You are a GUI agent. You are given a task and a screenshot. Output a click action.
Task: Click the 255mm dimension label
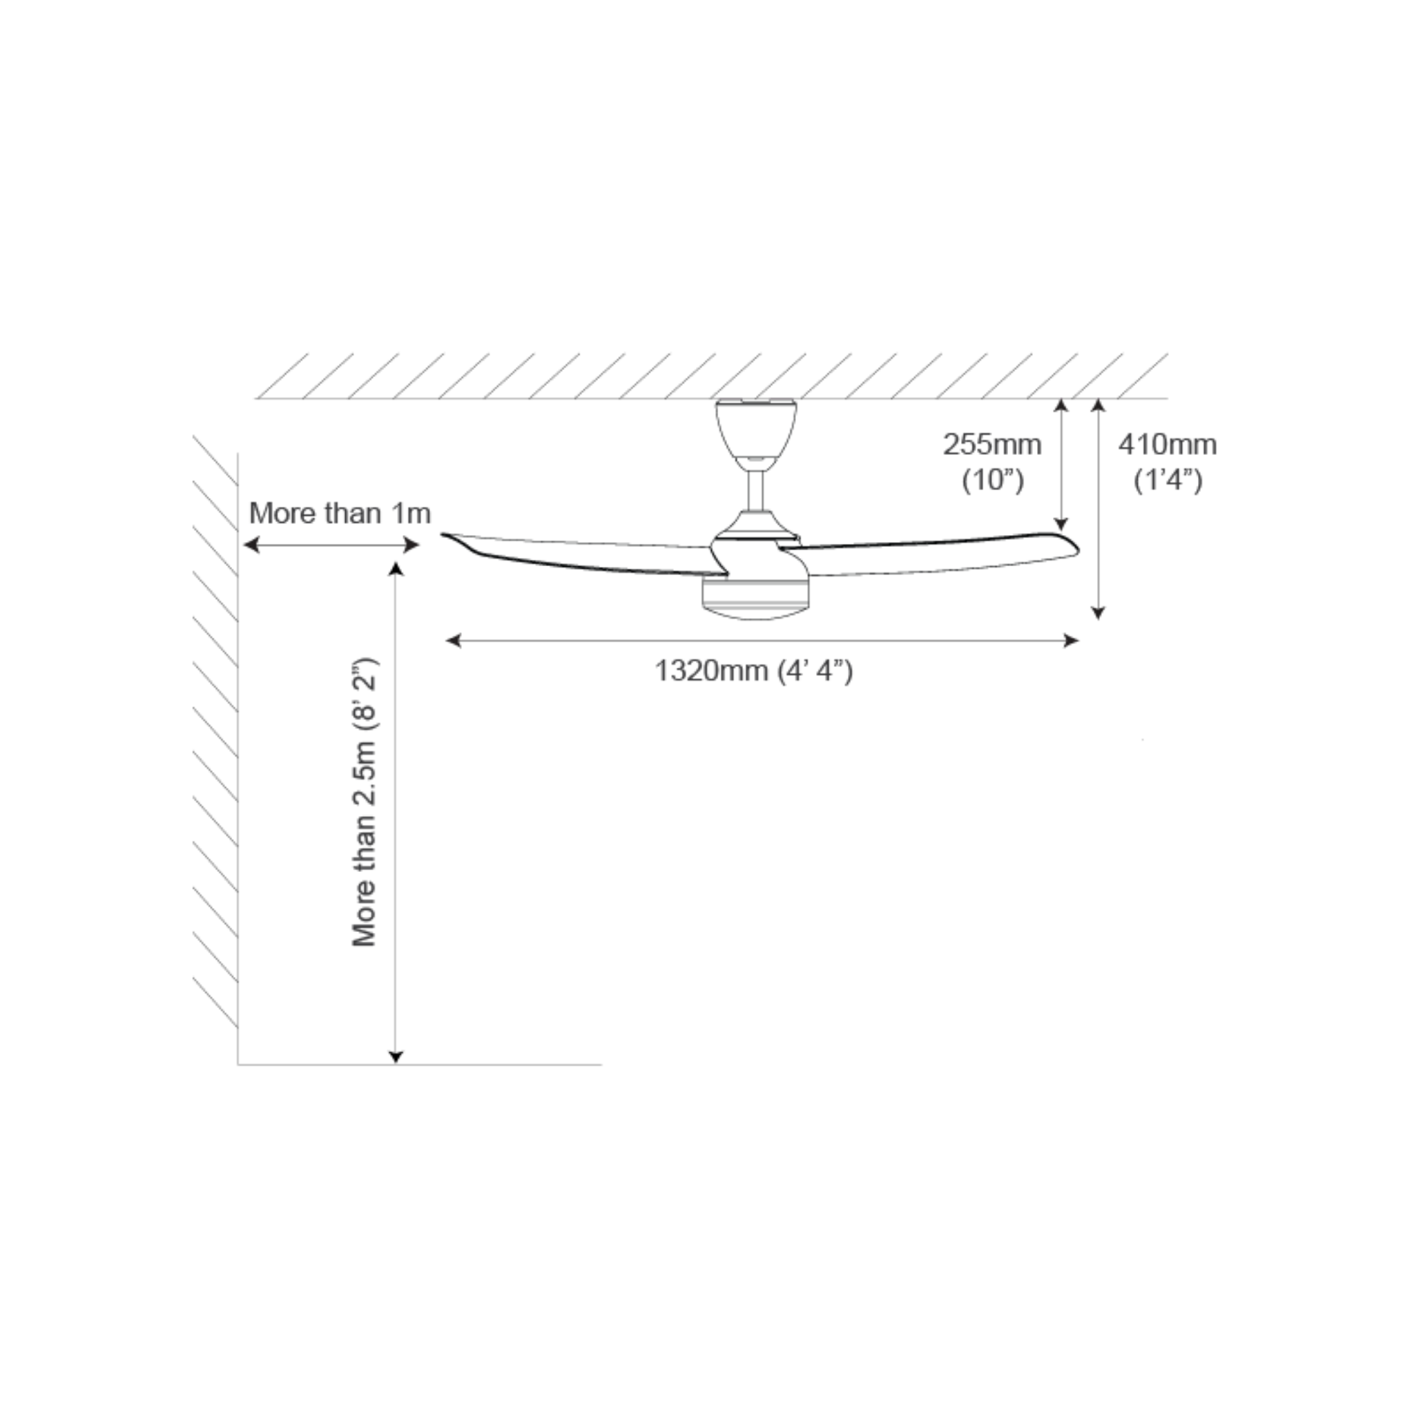click(991, 444)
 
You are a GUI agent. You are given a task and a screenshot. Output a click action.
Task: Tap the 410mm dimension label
click(1168, 444)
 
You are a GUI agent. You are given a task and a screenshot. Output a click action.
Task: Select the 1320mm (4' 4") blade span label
click(754, 670)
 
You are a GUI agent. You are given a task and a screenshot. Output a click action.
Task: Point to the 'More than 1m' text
click(340, 513)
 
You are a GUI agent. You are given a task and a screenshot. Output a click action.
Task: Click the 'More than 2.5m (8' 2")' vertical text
click(364, 802)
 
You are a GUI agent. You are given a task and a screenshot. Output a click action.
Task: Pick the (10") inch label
click(992, 480)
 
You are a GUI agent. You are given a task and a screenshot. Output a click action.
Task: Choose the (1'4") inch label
click(1168, 480)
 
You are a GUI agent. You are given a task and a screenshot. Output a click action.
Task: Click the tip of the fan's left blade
click(441, 535)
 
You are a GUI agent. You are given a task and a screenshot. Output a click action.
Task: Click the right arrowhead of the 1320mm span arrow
click(1072, 641)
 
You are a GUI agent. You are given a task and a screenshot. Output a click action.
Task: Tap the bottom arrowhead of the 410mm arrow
click(1098, 612)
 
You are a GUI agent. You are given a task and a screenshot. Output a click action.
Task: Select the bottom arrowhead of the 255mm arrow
click(1061, 524)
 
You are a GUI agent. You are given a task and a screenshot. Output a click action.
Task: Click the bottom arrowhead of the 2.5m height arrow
click(396, 1056)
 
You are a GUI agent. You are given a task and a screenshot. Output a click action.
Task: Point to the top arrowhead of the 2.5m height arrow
click(396, 570)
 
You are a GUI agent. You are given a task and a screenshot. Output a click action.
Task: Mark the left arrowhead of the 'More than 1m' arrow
click(251, 545)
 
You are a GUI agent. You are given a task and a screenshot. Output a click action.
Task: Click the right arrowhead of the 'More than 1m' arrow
click(412, 545)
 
